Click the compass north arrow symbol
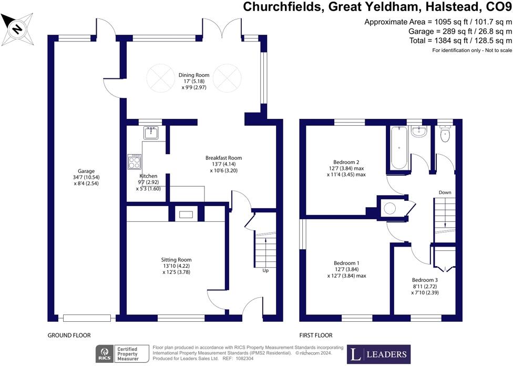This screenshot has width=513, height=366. click(x=17, y=29)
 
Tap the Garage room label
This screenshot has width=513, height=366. click(x=86, y=171)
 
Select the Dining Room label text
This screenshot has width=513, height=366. click(x=193, y=75)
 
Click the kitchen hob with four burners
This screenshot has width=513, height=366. click(x=134, y=162)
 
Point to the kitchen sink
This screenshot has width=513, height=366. click(x=151, y=133)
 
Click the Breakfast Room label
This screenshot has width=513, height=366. click(x=223, y=158)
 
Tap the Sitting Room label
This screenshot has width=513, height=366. click(x=176, y=260)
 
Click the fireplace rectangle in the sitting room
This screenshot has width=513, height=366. click(x=186, y=215)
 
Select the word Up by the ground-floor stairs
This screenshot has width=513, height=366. click(x=265, y=270)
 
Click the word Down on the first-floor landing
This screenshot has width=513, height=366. click(x=445, y=192)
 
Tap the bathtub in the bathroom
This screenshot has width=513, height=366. click(x=399, y=148)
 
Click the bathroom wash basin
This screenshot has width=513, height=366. click(x=418, y=131)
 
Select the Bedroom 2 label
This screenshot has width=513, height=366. click(x=346, y=162)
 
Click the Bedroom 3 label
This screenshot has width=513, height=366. click(x=425, y=280)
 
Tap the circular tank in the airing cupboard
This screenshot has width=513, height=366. click(x=389, y=208)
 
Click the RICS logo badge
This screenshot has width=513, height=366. click(x=105, y=354)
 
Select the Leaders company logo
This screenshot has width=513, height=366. click(x=378, y=354)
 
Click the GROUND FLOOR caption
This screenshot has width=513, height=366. click(x=69, y=335)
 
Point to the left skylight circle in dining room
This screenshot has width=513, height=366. click(x=160, y=78)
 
